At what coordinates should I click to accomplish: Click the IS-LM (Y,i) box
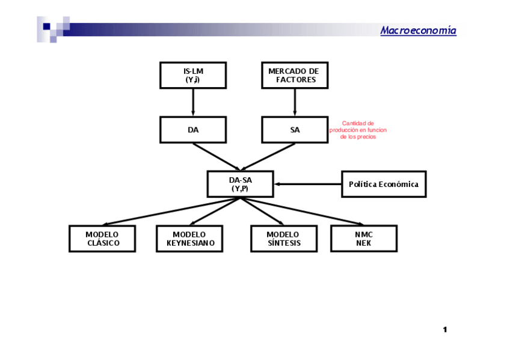[x=193, y=75]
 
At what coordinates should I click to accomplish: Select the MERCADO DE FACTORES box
[x=295, y=75]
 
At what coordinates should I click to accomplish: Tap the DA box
[x=193, y=130]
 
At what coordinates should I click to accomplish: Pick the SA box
[x=295, y=130]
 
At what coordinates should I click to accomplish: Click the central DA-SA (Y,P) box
[x=240, y=184]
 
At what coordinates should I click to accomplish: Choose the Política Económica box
[x=383, y=184]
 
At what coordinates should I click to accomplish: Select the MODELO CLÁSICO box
[x=102, y=239]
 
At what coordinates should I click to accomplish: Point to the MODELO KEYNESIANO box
[x=189, y=239]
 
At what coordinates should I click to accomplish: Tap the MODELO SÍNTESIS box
[x=283, y=239]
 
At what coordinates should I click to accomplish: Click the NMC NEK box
[x=364, y=239]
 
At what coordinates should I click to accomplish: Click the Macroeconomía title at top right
[x=418, y=31]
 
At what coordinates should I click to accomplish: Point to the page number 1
[x=445, y=329]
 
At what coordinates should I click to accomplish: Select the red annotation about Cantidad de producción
[x=358, y=130]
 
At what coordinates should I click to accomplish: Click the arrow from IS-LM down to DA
[x=193, y=102]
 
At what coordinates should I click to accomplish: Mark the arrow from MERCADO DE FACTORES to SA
[x=295, y=102]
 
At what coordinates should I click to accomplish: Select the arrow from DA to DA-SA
[x=217, y=157]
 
